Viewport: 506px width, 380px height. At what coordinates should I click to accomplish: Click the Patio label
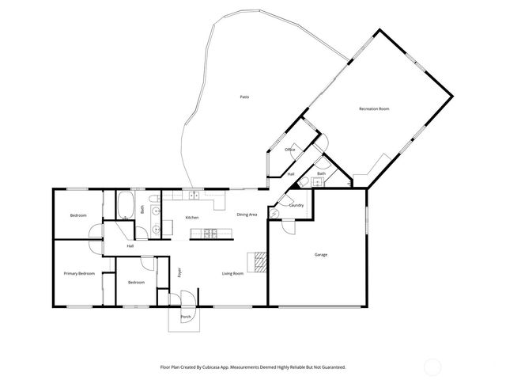pos(244,97)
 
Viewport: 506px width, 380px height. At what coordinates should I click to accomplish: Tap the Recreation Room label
pos(374,108)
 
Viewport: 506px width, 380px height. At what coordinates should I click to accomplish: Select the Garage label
pos(321,254)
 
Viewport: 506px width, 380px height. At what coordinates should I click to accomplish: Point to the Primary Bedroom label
pos(79,273)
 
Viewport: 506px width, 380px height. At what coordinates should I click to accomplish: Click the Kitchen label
pos(191,218)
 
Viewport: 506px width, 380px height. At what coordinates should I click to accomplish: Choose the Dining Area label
pos(247,215)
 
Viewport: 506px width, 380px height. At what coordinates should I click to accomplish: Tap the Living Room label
pos(232,273)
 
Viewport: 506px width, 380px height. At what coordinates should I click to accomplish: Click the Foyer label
pos(179,273)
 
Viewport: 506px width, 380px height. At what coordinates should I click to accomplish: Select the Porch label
pos(186,317)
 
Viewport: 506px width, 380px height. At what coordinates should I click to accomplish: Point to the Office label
pos(290,150)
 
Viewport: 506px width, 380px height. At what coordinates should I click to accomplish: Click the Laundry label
pos(296,205)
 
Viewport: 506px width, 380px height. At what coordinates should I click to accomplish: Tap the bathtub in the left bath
pos(126,207)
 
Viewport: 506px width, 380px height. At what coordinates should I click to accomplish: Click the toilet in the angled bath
pos(305,180)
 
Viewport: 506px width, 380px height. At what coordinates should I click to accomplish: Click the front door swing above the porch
pos(187,300)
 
